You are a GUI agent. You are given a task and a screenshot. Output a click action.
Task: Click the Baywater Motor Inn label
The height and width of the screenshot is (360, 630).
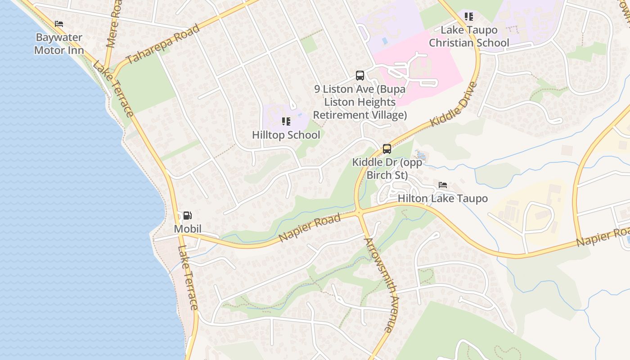(x=59, y=44)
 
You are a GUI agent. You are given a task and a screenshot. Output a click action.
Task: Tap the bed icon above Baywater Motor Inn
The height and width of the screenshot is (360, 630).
(x=59, y=24)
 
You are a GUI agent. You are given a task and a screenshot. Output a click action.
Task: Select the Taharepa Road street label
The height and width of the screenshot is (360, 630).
(x=163, y=45)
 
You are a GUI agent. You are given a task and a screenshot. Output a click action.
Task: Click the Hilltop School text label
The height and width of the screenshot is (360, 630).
(x=286, y=135)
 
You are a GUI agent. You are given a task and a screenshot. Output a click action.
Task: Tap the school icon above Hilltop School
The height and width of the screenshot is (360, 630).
(x=286, y=121)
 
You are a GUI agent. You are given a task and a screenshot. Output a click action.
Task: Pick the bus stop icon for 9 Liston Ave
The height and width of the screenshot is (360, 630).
(x=360, y=75)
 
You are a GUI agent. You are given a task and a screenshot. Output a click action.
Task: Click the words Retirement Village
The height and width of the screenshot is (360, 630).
(x=360, y=115)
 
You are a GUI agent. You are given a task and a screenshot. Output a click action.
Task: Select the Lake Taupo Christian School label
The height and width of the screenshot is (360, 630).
(x=469, y=36)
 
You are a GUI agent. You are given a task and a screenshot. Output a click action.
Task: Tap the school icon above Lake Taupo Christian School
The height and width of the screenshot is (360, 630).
(x=469, y=17)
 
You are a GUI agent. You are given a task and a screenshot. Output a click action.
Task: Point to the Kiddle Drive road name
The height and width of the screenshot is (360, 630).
(x=454, y=104)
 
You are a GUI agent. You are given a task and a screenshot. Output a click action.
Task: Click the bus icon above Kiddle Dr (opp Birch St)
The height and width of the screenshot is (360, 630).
(x=387, y=148)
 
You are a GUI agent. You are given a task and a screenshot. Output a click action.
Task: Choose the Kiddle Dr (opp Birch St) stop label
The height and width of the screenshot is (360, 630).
(x=387, y=168)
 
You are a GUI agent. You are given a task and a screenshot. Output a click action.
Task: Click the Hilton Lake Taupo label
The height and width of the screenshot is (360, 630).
(x=443, y=198)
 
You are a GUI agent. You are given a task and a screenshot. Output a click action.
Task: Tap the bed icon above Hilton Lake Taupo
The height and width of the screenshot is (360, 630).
(x=443, y=185)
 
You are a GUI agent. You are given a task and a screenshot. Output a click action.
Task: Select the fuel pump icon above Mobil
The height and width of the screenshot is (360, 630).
(x=188, y=216)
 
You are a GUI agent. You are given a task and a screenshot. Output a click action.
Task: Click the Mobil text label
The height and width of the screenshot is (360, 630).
(x=188, y=229)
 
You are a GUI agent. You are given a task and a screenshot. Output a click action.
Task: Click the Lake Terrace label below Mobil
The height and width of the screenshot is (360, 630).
(x=188, y=278)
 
